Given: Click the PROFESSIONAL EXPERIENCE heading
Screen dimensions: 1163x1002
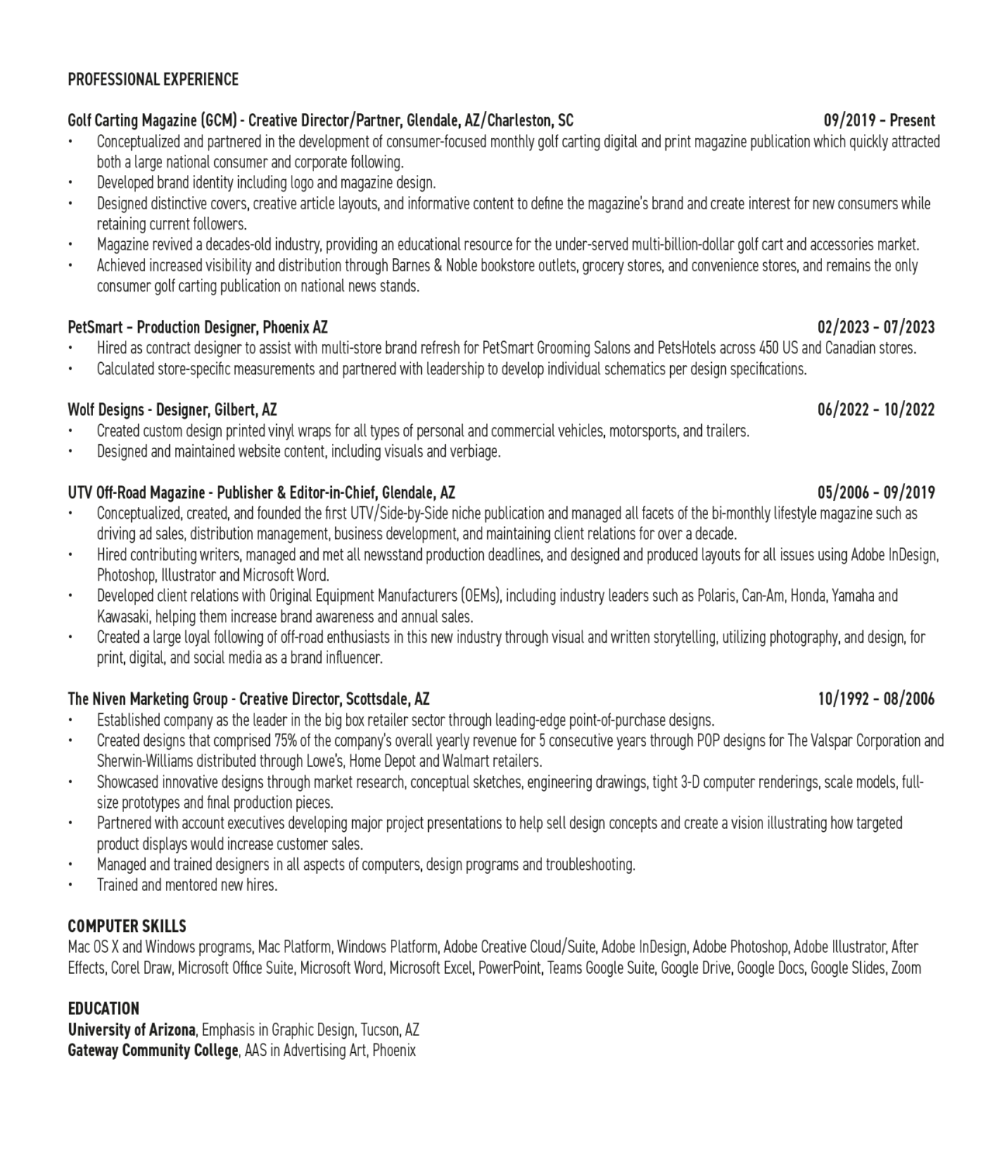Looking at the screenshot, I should click(153, 79).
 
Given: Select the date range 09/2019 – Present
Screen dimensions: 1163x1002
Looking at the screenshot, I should click(879, 120).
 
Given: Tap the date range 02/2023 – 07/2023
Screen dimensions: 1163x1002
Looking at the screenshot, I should click(876, 327).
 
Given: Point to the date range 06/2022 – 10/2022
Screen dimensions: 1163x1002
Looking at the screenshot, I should click(876, 409).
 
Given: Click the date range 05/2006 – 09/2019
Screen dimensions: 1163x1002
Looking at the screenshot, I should click(876, 492).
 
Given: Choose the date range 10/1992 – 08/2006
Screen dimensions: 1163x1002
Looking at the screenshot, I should click(876, 699).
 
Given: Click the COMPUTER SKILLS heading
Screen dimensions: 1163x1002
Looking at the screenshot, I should click(126, 926).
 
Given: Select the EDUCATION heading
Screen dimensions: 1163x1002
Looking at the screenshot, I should click(103, 1009).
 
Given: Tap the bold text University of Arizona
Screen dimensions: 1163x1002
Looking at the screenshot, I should click(131, 1030).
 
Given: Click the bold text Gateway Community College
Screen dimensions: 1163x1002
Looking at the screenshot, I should click(152, 1051).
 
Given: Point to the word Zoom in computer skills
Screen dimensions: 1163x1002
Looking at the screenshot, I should click(906, 968).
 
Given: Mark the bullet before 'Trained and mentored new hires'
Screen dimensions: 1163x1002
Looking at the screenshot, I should click(71, 885).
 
